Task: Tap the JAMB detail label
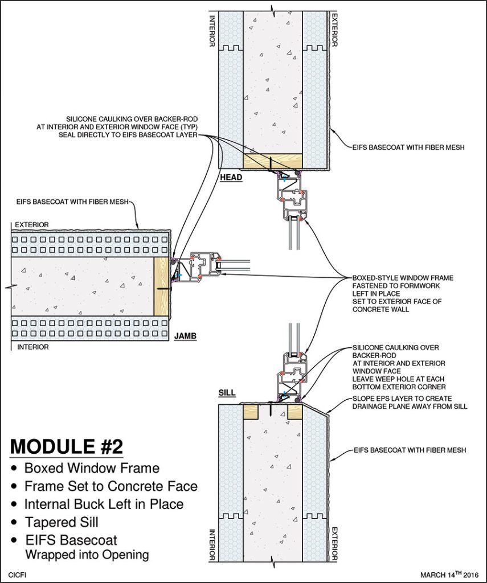[x=185, y=336]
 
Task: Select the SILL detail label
[x=227, y=393]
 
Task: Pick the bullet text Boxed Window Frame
[x=92, y=468]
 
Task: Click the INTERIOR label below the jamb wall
[x=33, y=346]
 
